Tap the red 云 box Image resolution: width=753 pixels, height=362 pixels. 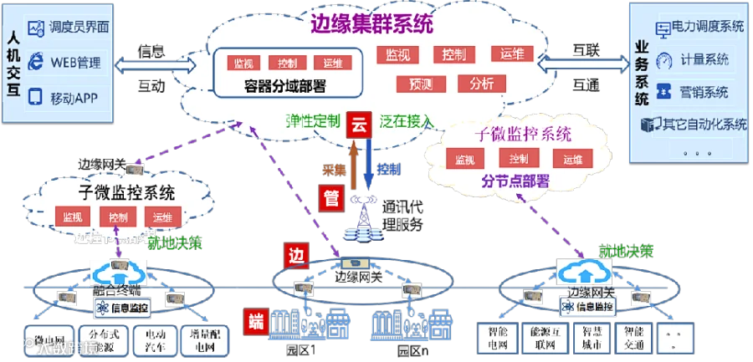click(360, 125)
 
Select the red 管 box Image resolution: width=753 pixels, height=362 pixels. click(330, 197)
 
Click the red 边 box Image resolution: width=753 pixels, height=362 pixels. click(294, 252)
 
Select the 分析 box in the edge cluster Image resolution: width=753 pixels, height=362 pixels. click(481, 84)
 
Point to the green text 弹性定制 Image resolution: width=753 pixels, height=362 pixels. click(313, 121)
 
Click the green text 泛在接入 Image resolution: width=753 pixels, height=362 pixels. click(407, 121)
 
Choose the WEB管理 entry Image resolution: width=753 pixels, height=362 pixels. click(76, 62)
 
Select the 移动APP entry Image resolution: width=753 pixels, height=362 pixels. click(76, 97)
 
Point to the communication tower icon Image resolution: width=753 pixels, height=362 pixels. click(364, 219)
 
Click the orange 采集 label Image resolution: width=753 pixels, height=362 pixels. click(334, 168)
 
